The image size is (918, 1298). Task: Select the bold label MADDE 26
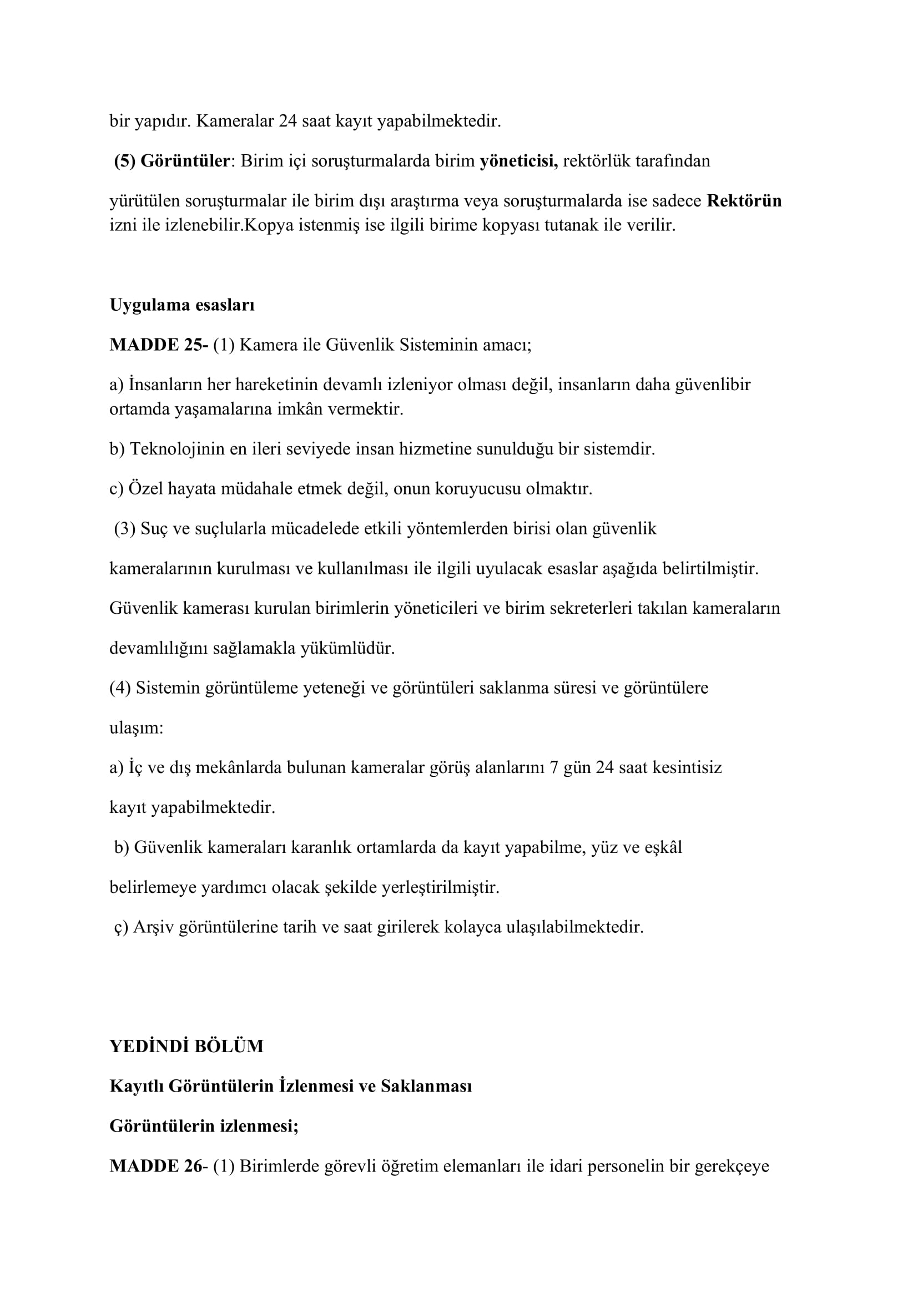coord(155,1166)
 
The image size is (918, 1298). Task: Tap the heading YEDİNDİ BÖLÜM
coord(186,1047)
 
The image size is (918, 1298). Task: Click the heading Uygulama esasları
coord(182,305)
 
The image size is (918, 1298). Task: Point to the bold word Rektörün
coord(744,201)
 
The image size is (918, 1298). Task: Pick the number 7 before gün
coord(553,767)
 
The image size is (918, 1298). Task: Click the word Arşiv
coord(153,927)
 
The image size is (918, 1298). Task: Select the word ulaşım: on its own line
coord(136,728)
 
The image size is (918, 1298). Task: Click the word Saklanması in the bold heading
coord(426,1086)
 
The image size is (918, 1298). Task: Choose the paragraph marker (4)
coord(120,688)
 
